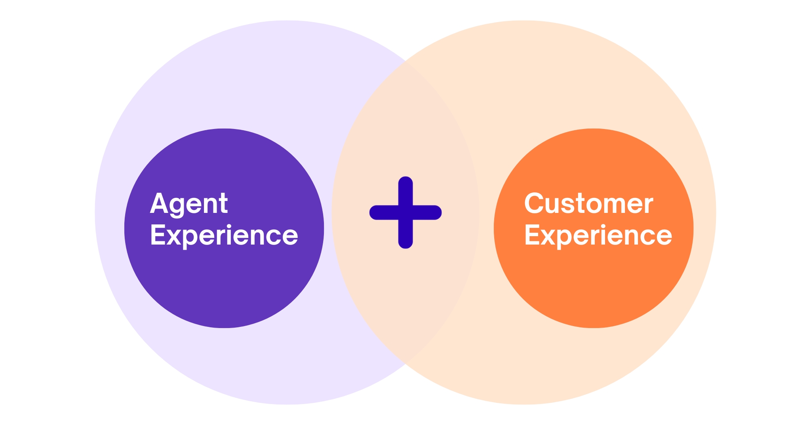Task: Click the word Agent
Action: pyautogui.click(x=189, y=204)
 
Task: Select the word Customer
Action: pyautogui.click(x=588, y=204)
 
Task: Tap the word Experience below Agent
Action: pyautogui.click(x=224, y=235)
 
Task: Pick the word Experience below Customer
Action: pyautogui.click(x=598, y=235)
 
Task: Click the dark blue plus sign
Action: pyautogui.click(x=405, y=212)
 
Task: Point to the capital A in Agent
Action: pyautogui.click(x=158, y=203)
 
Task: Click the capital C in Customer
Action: pyautogui.click(x=534, y=203)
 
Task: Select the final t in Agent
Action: pyautogui.click(x=223, y=204)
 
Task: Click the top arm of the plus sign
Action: pyautogui.click(x=405, y=190)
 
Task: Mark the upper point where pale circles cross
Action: pyautogui.click(x=405, y=61)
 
